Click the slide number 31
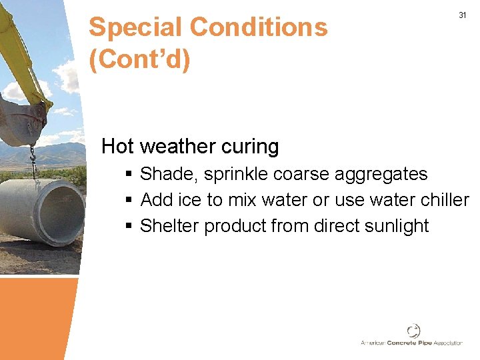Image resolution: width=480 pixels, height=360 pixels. (462, 15)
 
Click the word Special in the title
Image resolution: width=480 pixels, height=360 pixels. (135, 27)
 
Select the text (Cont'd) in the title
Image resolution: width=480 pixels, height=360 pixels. (139, 59)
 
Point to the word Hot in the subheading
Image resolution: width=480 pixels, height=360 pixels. (118, 146)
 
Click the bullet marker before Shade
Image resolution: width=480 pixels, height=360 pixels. (129, 175)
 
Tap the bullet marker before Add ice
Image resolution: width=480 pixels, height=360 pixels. (129, 200)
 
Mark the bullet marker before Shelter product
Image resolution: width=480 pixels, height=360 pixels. (129, 226)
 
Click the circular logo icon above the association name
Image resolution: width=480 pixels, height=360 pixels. (413, 330)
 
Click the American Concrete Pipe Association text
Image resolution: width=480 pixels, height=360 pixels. (411, 343)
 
